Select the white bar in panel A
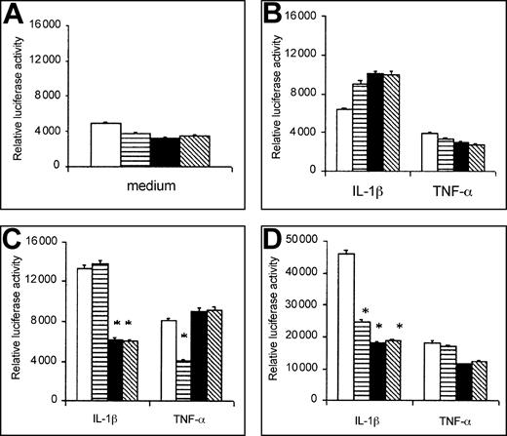click(x=105, y=144)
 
